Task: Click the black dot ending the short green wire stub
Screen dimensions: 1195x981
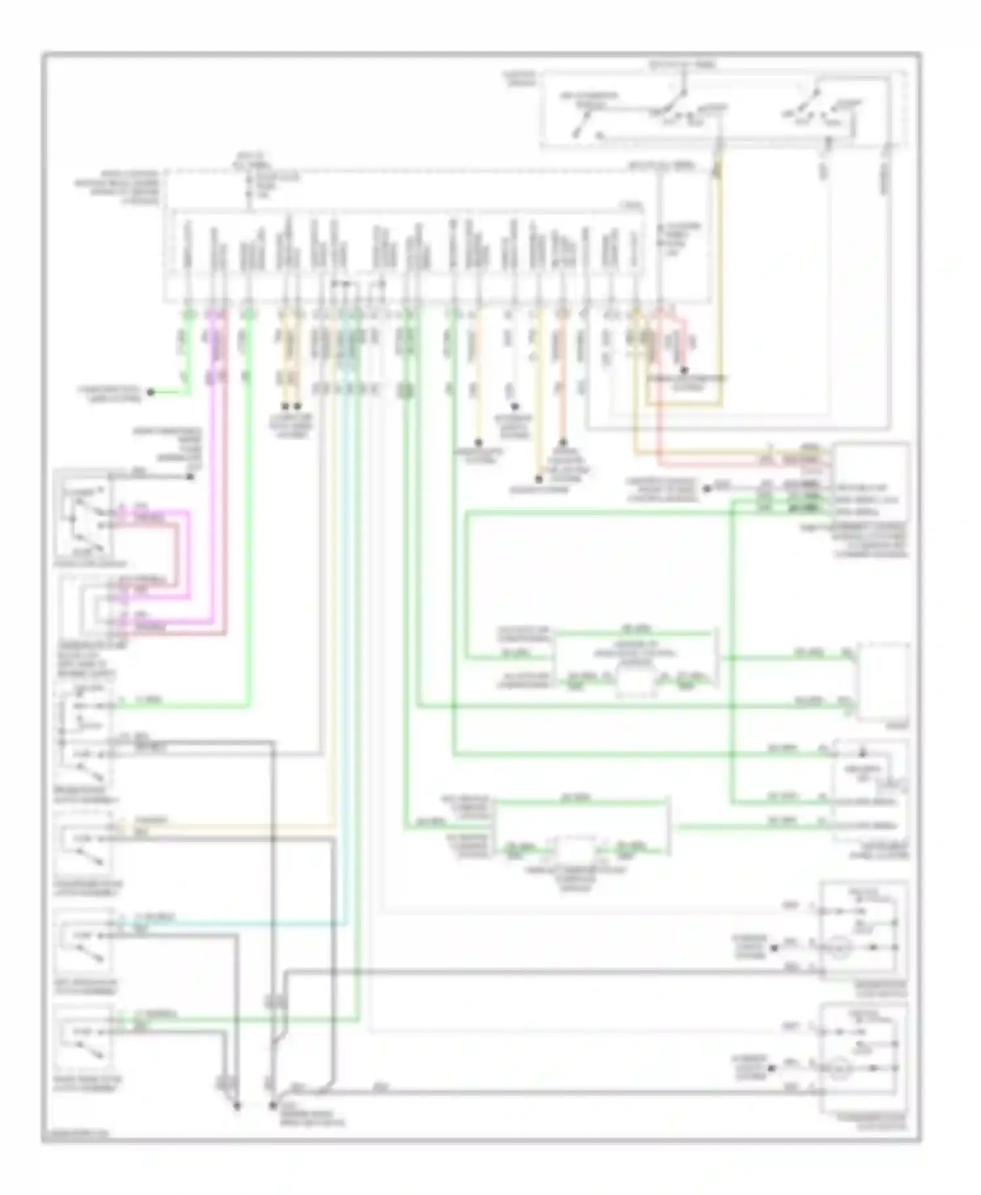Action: (x=150, y=393)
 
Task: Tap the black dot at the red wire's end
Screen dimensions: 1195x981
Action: (x=684, y=371)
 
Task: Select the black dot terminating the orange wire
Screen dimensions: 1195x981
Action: (x=562, y=443)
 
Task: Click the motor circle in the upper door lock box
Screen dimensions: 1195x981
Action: (x=839, y=947)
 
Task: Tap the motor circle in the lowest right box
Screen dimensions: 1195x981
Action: (x=839, y=1068)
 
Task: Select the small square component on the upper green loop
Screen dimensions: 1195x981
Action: (x=636, y=682)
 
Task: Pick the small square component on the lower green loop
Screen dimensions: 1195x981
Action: (x=576, y=850)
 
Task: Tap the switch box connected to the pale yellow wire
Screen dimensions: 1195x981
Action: (x=84, y=843)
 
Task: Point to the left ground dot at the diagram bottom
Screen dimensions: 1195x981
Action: (x=237, y=1107)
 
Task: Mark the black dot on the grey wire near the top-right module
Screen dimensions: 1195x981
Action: (x=707, y=488)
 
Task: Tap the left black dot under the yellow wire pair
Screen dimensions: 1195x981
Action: (x=284, y=405)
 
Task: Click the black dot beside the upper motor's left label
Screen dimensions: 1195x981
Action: (x=774, y=947)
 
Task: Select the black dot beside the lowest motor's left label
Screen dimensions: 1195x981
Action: (x=774, y=1068)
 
